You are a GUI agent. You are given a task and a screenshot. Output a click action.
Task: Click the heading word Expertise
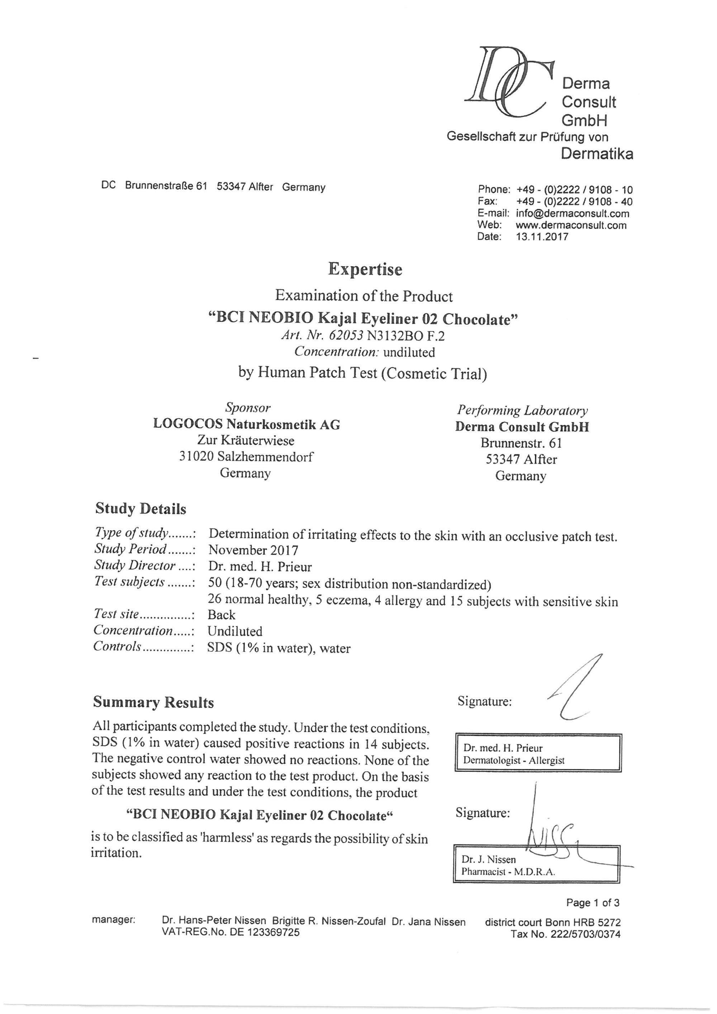pyautogui.click(x=365, y=269)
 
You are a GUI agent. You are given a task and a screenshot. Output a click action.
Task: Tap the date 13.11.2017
pyautogui.click(x=542, y=237)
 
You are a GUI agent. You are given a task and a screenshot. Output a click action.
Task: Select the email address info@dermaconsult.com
pyautogui.click(x=572, y=214)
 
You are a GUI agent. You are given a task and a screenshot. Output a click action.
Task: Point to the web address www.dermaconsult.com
pyautogui.click(x=571, y=225)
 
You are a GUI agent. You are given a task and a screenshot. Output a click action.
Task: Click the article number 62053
pyautogui.click(x=346, y=336)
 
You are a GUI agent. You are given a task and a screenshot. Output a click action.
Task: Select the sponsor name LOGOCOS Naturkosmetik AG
pyautogui.click(x=246, y=425)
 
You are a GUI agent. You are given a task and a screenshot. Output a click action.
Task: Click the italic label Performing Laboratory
pyautogui.click(x=522, y=410)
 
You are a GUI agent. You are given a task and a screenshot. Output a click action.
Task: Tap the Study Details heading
pyautogui.click(x=141, y=509)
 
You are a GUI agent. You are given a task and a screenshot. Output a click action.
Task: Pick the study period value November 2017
pyautogui.click(x=253, y=550)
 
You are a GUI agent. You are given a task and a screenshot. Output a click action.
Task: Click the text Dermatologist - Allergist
pyautogui.click(x=513, y=760)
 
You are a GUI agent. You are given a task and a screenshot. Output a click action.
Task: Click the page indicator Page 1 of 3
pyautogui.click(x=593, y=903)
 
